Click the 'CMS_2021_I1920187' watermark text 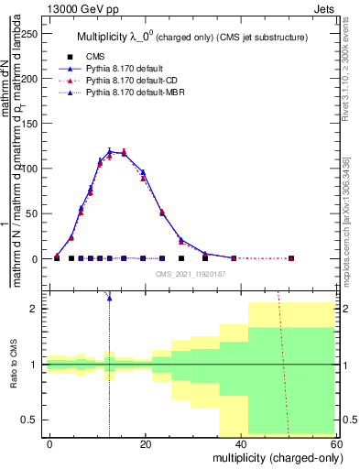pos(190,273)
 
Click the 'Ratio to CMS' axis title pos(13,365)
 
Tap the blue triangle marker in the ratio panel pos(110,297)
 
